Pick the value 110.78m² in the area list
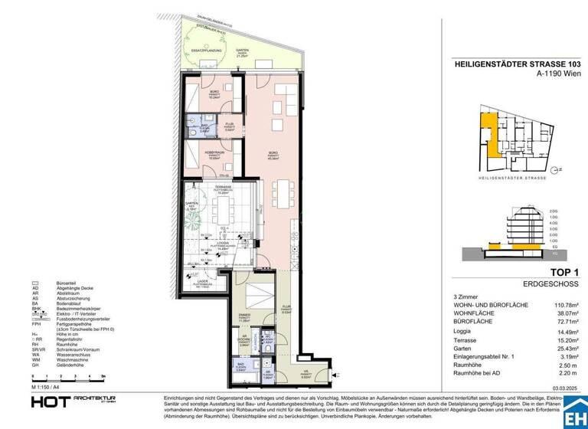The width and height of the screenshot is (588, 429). coord(563,306)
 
